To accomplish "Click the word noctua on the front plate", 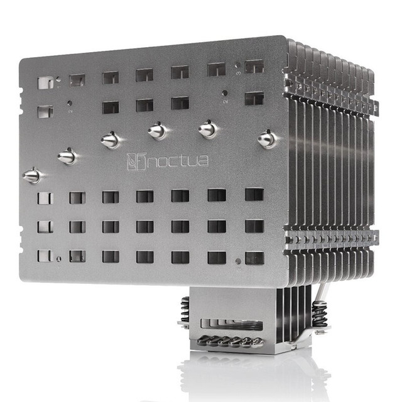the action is (178, 161).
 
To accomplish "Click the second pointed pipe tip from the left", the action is (67, 156).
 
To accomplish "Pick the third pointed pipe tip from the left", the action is (111, 140).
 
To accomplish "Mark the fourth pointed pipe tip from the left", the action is (157, 131).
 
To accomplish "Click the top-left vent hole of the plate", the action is (45, 82).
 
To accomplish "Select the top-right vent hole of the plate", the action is (254, 67).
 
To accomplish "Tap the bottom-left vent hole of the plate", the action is (45, 256).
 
